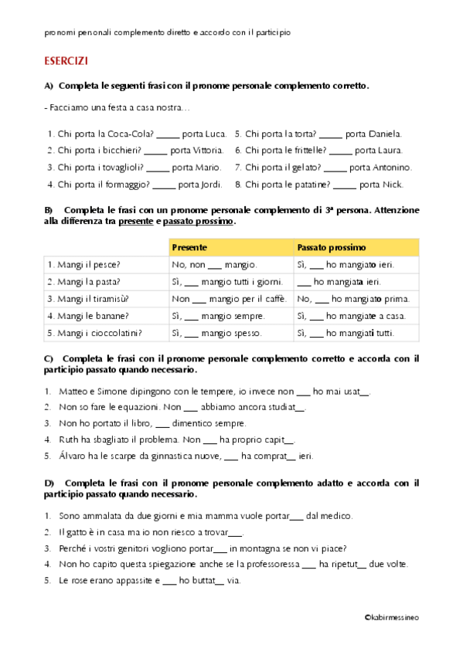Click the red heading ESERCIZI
[66, 61]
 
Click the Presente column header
[189, 248]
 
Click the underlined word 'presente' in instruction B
[134, 222]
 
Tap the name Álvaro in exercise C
[73, 456]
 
